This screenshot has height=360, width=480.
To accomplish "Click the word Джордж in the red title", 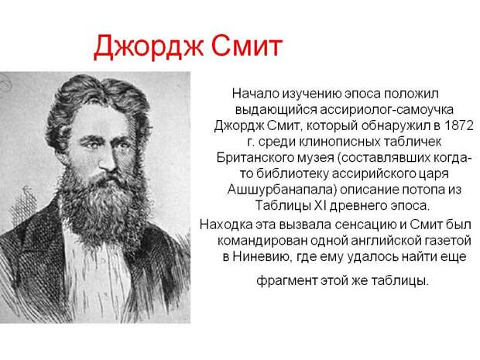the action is (148, 47).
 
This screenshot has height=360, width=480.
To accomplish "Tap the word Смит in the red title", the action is (247, 46).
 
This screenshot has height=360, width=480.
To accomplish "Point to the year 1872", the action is (458, 125).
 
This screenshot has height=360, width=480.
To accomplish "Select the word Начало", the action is (255, 94).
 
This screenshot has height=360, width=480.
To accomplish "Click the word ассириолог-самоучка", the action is (386, 110).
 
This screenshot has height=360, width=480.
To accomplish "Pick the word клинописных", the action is (340, 142).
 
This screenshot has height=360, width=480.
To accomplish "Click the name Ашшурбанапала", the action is (282, 190).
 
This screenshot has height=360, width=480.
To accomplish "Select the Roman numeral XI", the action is (321, 205).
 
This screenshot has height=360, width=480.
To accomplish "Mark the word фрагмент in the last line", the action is (286, 280).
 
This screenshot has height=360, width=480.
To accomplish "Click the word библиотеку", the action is (292, 173).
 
